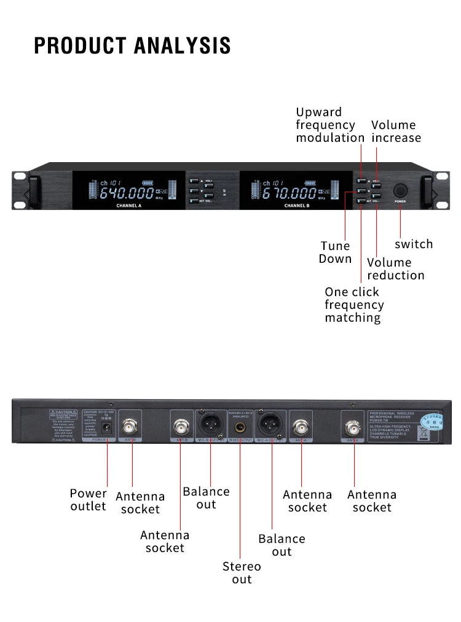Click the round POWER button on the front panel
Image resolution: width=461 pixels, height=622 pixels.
[401, 189]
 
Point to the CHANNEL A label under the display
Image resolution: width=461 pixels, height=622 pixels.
[129, 206]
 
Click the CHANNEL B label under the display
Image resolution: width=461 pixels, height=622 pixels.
[296, 206]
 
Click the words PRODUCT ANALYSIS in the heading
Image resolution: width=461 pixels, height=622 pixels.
[132, 45]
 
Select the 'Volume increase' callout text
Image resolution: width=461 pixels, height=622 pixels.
[396, 131]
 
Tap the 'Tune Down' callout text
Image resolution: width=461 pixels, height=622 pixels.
[335, 252]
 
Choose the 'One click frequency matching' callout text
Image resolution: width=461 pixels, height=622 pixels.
[354, 305]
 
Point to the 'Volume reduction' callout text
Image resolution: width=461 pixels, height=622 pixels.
[395, 269]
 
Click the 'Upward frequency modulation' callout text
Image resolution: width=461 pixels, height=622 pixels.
[330, 125]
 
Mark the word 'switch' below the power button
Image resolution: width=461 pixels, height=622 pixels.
[414, 244]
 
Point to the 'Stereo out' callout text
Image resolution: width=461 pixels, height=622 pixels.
[242, 572]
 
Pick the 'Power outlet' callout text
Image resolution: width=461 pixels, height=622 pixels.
[88, 500]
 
